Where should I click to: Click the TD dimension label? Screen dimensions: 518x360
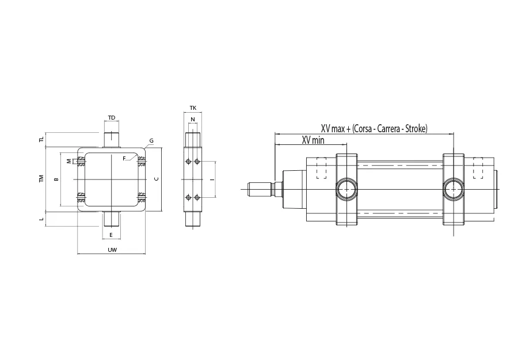point(112,118)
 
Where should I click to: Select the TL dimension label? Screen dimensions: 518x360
point(41,140)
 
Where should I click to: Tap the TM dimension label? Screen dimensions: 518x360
point(41,178)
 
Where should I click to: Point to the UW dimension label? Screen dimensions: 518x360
point(112,250)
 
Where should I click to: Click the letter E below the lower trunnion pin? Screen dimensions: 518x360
point(111,235)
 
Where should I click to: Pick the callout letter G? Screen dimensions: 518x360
point(151,141)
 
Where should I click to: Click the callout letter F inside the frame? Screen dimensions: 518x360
point(124,158)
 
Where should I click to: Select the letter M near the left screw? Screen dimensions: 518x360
point(68,162)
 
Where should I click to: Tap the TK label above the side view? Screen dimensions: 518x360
point(193,108)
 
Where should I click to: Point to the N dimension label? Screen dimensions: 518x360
point(193,119)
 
